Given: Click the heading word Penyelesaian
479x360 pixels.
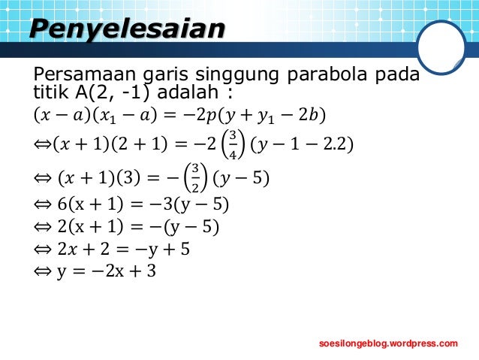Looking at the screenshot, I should tap(127, 29).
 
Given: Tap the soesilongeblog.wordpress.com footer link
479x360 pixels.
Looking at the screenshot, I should tap(388, 343).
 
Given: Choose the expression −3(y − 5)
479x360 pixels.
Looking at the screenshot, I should tap(188, 204).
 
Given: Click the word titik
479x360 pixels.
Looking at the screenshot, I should tap(49, 94).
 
